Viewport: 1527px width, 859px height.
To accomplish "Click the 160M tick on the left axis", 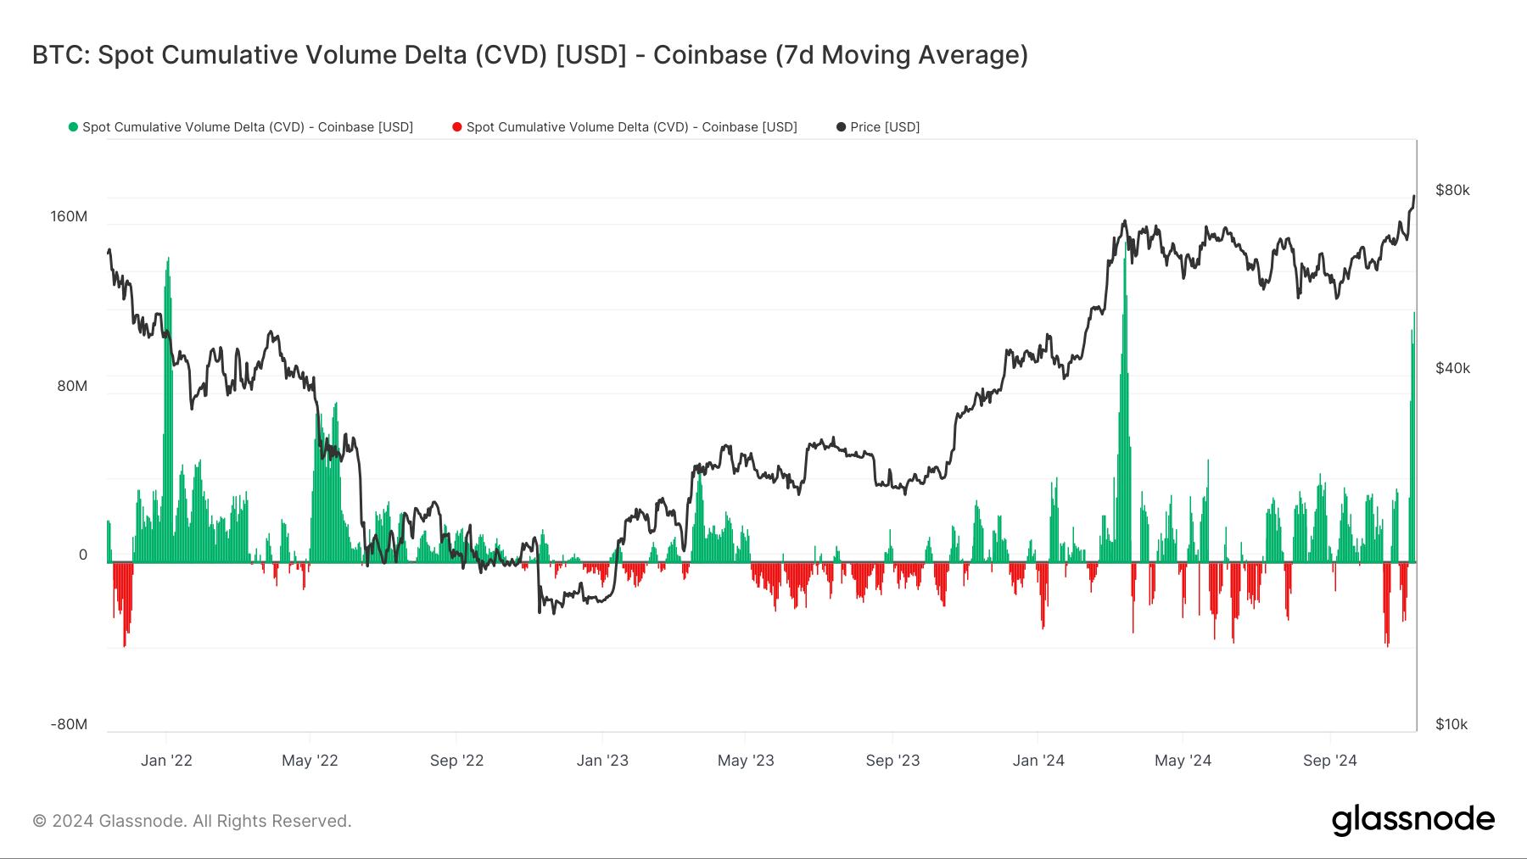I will click(69, 216).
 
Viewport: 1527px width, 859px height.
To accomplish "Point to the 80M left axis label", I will click(72, 386).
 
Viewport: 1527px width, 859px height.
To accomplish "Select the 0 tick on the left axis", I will click(83, 555).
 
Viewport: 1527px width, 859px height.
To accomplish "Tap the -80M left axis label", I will click(69, 724).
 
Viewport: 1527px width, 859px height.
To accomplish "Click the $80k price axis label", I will click(1452, 190).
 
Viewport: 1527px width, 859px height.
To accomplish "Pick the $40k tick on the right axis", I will click(1452, 368).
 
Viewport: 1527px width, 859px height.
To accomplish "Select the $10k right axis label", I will click(1451, 724).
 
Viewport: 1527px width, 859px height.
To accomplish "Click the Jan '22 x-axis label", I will click(166, 760).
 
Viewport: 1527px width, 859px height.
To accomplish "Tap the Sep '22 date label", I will click(456, 760).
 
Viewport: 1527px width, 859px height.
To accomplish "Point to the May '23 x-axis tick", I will click(746, 760).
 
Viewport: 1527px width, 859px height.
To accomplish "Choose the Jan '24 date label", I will click(1038, 760).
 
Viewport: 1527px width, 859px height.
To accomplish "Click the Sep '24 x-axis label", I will click(1330, 760).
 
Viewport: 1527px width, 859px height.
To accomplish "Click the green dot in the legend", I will click(73, 127).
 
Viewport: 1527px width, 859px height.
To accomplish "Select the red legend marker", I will click(457, 127).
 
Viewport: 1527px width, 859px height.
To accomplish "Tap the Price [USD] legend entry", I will click(884, 127).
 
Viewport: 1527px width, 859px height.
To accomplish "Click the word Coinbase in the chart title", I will click(710, 55).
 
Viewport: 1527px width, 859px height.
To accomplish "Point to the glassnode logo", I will click(1412, 820).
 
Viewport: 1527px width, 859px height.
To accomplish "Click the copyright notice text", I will click(192, 821).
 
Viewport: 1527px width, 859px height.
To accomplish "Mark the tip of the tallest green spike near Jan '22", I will click(168, 258).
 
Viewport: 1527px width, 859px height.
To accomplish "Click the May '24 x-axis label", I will click(1183, 760).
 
